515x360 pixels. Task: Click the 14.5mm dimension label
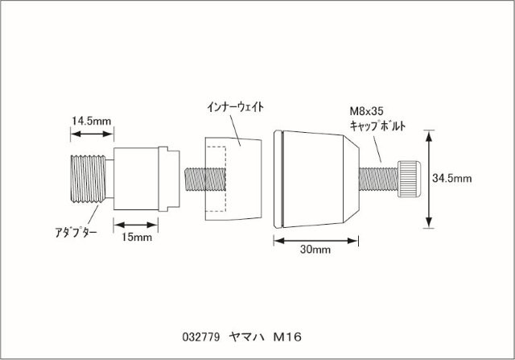tap(91, 121)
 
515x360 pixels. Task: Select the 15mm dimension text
tap(137, 237)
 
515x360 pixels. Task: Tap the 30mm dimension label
tap(315, 250)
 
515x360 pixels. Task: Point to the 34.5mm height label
tap(451, 179)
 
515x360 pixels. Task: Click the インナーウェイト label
tap(236, 107)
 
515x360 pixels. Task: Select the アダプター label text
tap(76, 233)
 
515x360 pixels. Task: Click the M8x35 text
tap(366, 111)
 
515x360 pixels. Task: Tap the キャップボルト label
tap(377, 126)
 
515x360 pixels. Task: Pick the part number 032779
tap(201, 337)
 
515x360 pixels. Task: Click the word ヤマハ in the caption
tap(247, 337)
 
